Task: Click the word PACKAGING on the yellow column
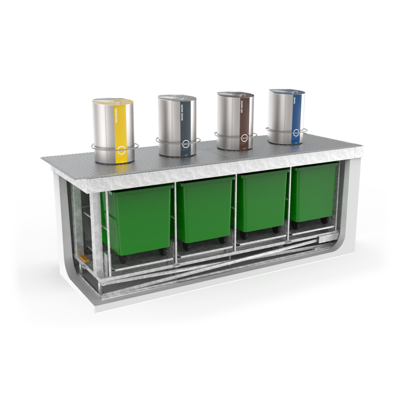(117, 116)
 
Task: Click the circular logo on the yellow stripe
(121, 149)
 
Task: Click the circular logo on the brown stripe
(244, 138)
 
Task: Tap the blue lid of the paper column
(287, 92)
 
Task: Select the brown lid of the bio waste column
(235, 94)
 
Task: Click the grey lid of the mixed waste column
(177, 98)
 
